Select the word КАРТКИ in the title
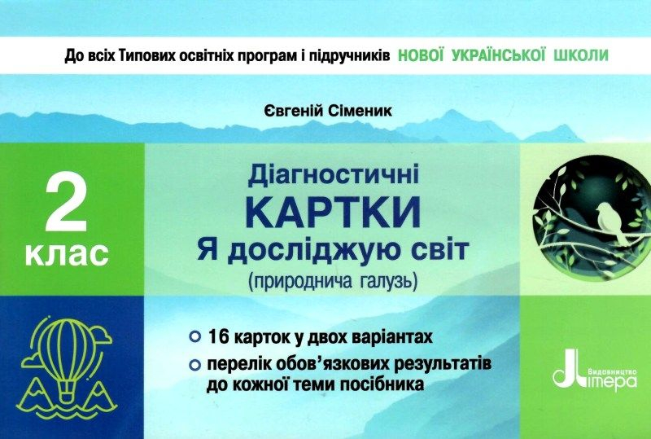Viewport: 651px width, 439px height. (333, 212)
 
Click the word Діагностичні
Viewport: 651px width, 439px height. (334, 175)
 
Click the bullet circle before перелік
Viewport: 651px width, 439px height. (194, 366)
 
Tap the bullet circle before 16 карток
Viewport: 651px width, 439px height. (194, 336)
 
